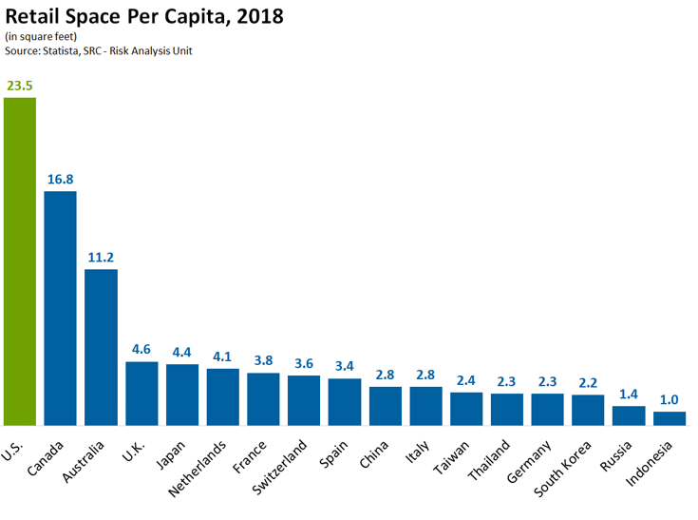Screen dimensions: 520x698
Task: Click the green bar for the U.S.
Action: (x=20, y=261)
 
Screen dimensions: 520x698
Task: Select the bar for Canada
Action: (x=61, y=308)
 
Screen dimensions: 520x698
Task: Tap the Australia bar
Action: (x=101, y=347)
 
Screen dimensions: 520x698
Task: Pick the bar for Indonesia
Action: (x=670, y=418)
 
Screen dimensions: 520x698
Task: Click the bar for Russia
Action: (x=629, y=415)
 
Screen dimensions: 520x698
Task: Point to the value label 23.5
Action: (x=20, y=86)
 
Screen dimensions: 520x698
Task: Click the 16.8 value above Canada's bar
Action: (x=61, y=179)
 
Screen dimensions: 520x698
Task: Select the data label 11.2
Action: (x=101, y=257)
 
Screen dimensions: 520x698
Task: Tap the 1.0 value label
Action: (x=670, y=399)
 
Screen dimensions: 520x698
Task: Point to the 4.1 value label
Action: (x=222, y=356)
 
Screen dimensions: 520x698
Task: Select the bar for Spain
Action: (x=345, y=402)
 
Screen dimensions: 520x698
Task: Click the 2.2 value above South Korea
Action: (x=588, y=382)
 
